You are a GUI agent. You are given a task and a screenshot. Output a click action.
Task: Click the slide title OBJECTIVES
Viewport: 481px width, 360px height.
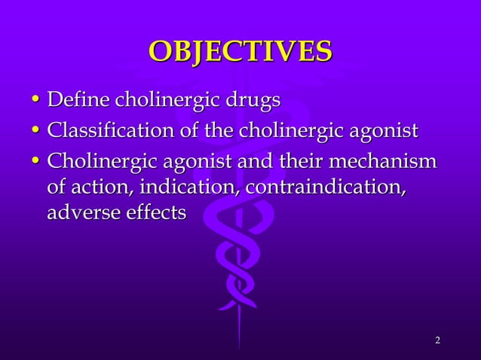tap(240, 51)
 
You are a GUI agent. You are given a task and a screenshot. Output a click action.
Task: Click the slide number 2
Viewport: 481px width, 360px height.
tap(437, 341)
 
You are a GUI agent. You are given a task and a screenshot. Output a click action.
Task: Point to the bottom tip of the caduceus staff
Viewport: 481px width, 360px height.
tap(240, 348)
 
